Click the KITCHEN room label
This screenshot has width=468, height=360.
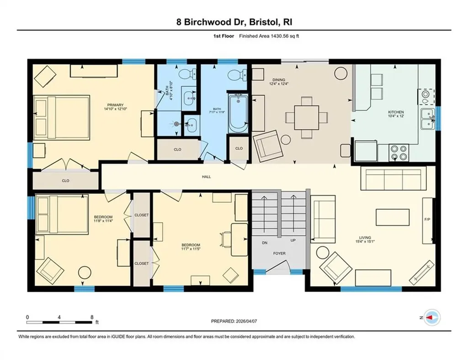pyautogui.click(x=396, y=112)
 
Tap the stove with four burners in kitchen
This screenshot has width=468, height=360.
pyautogui.click(x=399, y=152)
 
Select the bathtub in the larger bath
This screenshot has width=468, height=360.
pyautogui.click(x=238, y=111)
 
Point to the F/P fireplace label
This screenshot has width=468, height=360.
pyautogui.click(x=427, y=219)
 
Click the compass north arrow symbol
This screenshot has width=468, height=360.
pyautogui.click(x=431, y=317)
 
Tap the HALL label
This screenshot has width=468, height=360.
pyautogui.click(x=206, y=177)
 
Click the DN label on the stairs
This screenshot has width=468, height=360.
pyautogui.click(x=264, y=243)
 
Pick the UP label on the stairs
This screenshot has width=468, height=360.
pyautogui.click(x=294, y=240)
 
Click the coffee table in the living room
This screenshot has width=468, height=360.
pyautogui.click(x=393, y=216)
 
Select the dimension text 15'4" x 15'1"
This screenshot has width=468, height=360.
pyautogui.click(x=365, y=242)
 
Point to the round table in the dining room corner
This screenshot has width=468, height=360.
pyautogui.click(x=341, y=73)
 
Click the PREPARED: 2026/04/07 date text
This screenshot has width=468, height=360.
pyautogui.click(x=234, y=321)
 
